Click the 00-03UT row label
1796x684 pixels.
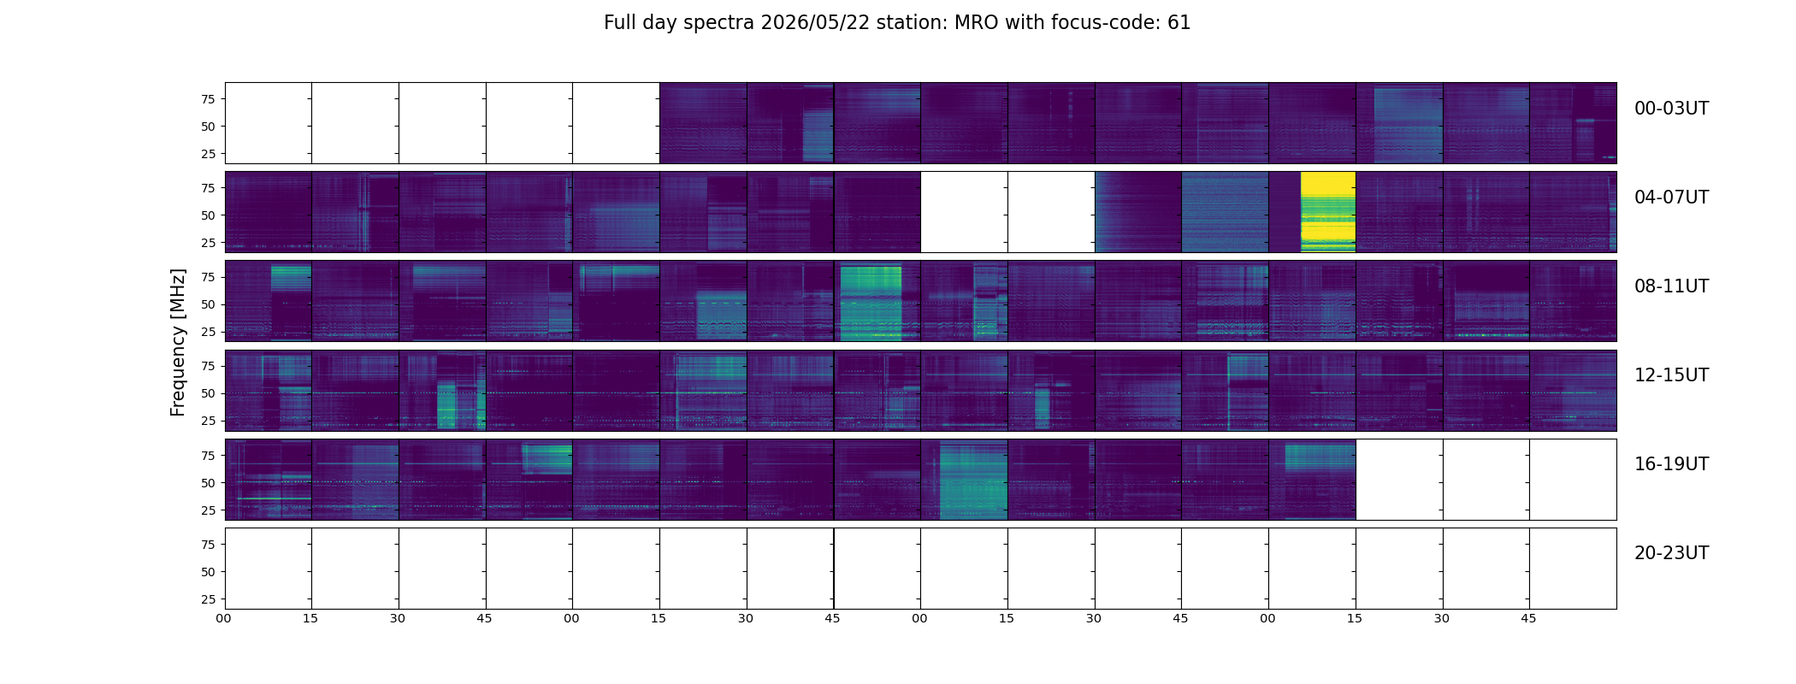click(x=1671, y=109)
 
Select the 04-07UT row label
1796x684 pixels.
click(x=1671, y=198)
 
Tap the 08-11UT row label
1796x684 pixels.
click(x=1671, y=286)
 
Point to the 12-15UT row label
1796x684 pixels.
click(x=1671, y=375)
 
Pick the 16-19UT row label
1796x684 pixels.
click(x=1671, y=464)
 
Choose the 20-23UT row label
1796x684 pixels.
click(x=1671, y=553)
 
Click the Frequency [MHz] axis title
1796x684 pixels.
click(x=178, y=342)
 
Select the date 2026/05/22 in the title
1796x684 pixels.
click(x=807, y=23)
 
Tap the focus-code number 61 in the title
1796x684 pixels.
click(x=1179, y=23)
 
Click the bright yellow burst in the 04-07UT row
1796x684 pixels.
click(x=1328, y=211)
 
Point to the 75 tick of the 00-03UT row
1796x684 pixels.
click(x=208, y=99)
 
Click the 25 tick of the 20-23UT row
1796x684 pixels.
click(x=208, y=599)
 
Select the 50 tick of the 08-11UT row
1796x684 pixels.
click(x=208, y=304)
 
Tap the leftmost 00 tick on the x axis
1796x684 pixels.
click(x=224, y=618)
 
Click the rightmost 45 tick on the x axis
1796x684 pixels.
click(x=1528, y=618)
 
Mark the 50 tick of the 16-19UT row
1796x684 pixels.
click(x=208, y=483)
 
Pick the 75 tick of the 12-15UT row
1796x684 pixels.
click(x=208, y=366)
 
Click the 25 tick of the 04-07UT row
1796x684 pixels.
click(x=208, y=243)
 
